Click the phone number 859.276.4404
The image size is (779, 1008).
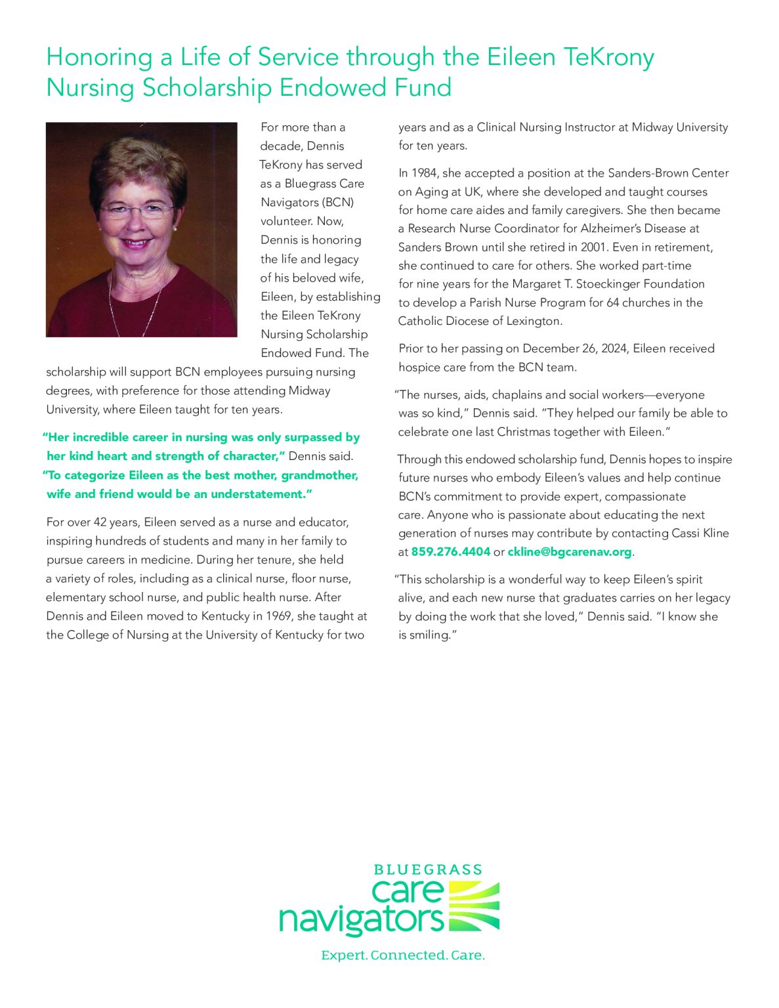pos(450,552)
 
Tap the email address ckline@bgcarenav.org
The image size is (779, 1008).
pos(569,552)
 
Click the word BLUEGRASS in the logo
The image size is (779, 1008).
pos(428,870)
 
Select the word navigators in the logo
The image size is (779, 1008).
pos(362,920)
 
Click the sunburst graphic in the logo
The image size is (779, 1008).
pos(473,906)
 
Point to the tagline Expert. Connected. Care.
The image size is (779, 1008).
pos(403,955)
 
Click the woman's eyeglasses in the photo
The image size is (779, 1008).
pos(137,211)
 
